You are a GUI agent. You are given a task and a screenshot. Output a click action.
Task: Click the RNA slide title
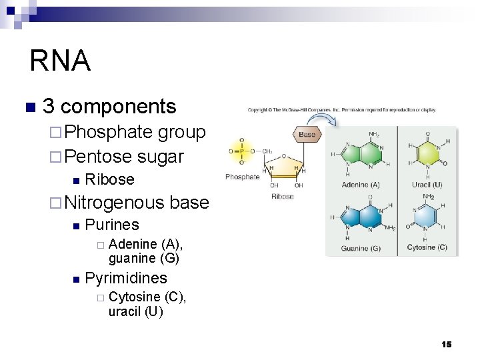click(60, 61)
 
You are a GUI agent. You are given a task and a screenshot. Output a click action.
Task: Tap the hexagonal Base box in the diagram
click(307, 134)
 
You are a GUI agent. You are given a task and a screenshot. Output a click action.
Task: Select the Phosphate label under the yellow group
click(243, 177)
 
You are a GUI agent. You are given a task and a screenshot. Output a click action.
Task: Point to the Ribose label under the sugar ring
click(283, 197)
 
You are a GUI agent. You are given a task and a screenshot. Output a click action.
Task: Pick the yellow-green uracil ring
click(427, 153)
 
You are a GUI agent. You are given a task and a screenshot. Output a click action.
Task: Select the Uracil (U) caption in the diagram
click(427, 185)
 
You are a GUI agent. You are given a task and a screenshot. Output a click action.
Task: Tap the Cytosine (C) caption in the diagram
click(427, 248)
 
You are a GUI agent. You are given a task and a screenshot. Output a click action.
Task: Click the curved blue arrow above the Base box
click(327, 119)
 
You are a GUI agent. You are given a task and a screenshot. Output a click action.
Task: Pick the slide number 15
click(446, 344)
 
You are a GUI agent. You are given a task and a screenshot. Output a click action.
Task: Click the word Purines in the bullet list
click(112, 225)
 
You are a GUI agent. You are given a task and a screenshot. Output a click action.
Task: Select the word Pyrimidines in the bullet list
click(126, 278)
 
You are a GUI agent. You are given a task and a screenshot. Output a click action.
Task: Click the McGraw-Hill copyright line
click(342, 110)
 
